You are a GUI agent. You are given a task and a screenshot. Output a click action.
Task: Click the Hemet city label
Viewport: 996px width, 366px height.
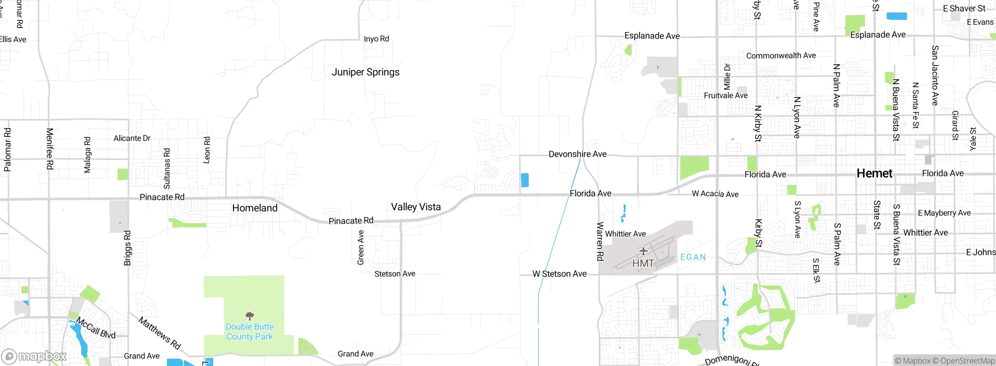[874, 173]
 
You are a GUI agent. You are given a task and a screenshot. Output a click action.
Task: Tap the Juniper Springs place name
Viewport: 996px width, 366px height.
[365, 72]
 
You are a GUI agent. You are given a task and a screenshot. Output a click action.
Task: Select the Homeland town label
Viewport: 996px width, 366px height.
[255, 208]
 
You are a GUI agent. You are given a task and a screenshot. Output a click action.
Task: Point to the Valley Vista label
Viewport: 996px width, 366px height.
[416, 207]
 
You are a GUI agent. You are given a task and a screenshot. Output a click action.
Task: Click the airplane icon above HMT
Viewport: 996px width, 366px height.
[643, 251]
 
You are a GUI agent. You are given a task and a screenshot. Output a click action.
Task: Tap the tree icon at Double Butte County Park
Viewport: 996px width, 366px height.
[249, 315]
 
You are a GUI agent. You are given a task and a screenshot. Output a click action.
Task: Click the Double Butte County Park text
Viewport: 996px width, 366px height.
[249, 332]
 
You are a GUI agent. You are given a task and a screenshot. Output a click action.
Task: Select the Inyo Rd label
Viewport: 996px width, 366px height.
[376, 39]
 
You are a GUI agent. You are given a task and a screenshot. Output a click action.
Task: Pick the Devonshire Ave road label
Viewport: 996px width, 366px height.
[577, 154]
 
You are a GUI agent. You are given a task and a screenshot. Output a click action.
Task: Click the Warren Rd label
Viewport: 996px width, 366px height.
[600, 241]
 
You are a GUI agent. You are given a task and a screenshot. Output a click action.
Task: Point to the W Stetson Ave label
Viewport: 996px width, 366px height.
[559, 274]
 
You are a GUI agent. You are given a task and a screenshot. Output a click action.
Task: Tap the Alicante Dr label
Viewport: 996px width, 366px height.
[132, 138]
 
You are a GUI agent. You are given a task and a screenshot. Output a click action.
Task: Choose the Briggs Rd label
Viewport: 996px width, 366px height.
[127, 248]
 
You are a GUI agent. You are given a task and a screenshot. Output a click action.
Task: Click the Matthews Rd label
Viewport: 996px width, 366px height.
[160, 333]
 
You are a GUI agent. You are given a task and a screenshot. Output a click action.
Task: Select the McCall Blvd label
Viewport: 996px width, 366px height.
[96, 328]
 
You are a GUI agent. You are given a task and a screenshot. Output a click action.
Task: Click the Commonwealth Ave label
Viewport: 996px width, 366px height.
[781, 56]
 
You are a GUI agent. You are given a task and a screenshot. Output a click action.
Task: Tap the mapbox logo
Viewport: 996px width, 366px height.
[34, 356]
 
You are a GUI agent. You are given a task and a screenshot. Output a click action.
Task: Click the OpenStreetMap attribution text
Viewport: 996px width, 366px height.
[967, 361]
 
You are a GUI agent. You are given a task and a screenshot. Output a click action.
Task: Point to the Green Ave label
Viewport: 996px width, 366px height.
[361, 248]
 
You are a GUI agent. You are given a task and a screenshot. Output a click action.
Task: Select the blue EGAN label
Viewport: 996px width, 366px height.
[693, 257]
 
